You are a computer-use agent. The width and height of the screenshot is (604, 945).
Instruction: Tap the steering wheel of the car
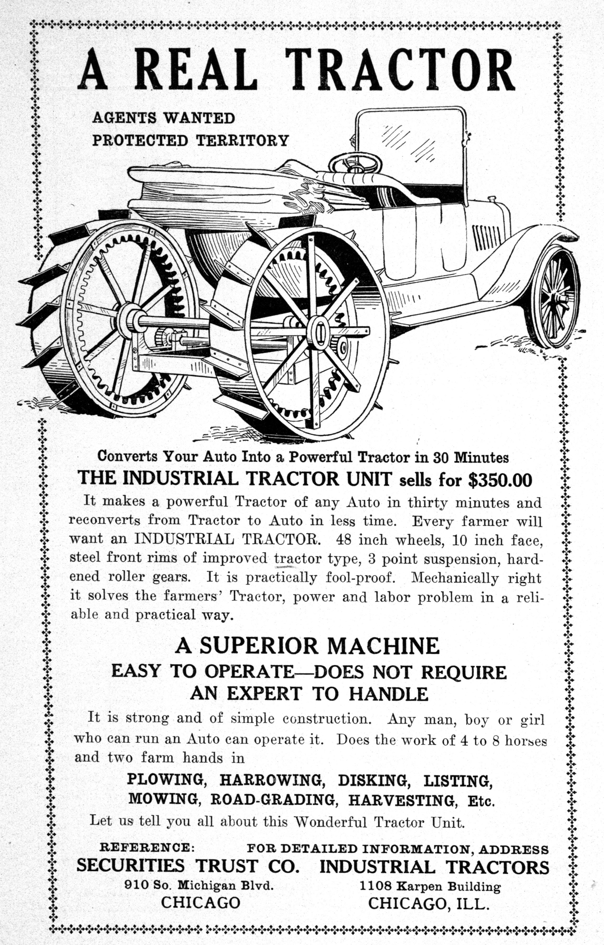point(355,163)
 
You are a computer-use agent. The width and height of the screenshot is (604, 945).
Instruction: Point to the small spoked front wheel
point(554,296)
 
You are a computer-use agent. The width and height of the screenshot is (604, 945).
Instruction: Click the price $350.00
point(500,480)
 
